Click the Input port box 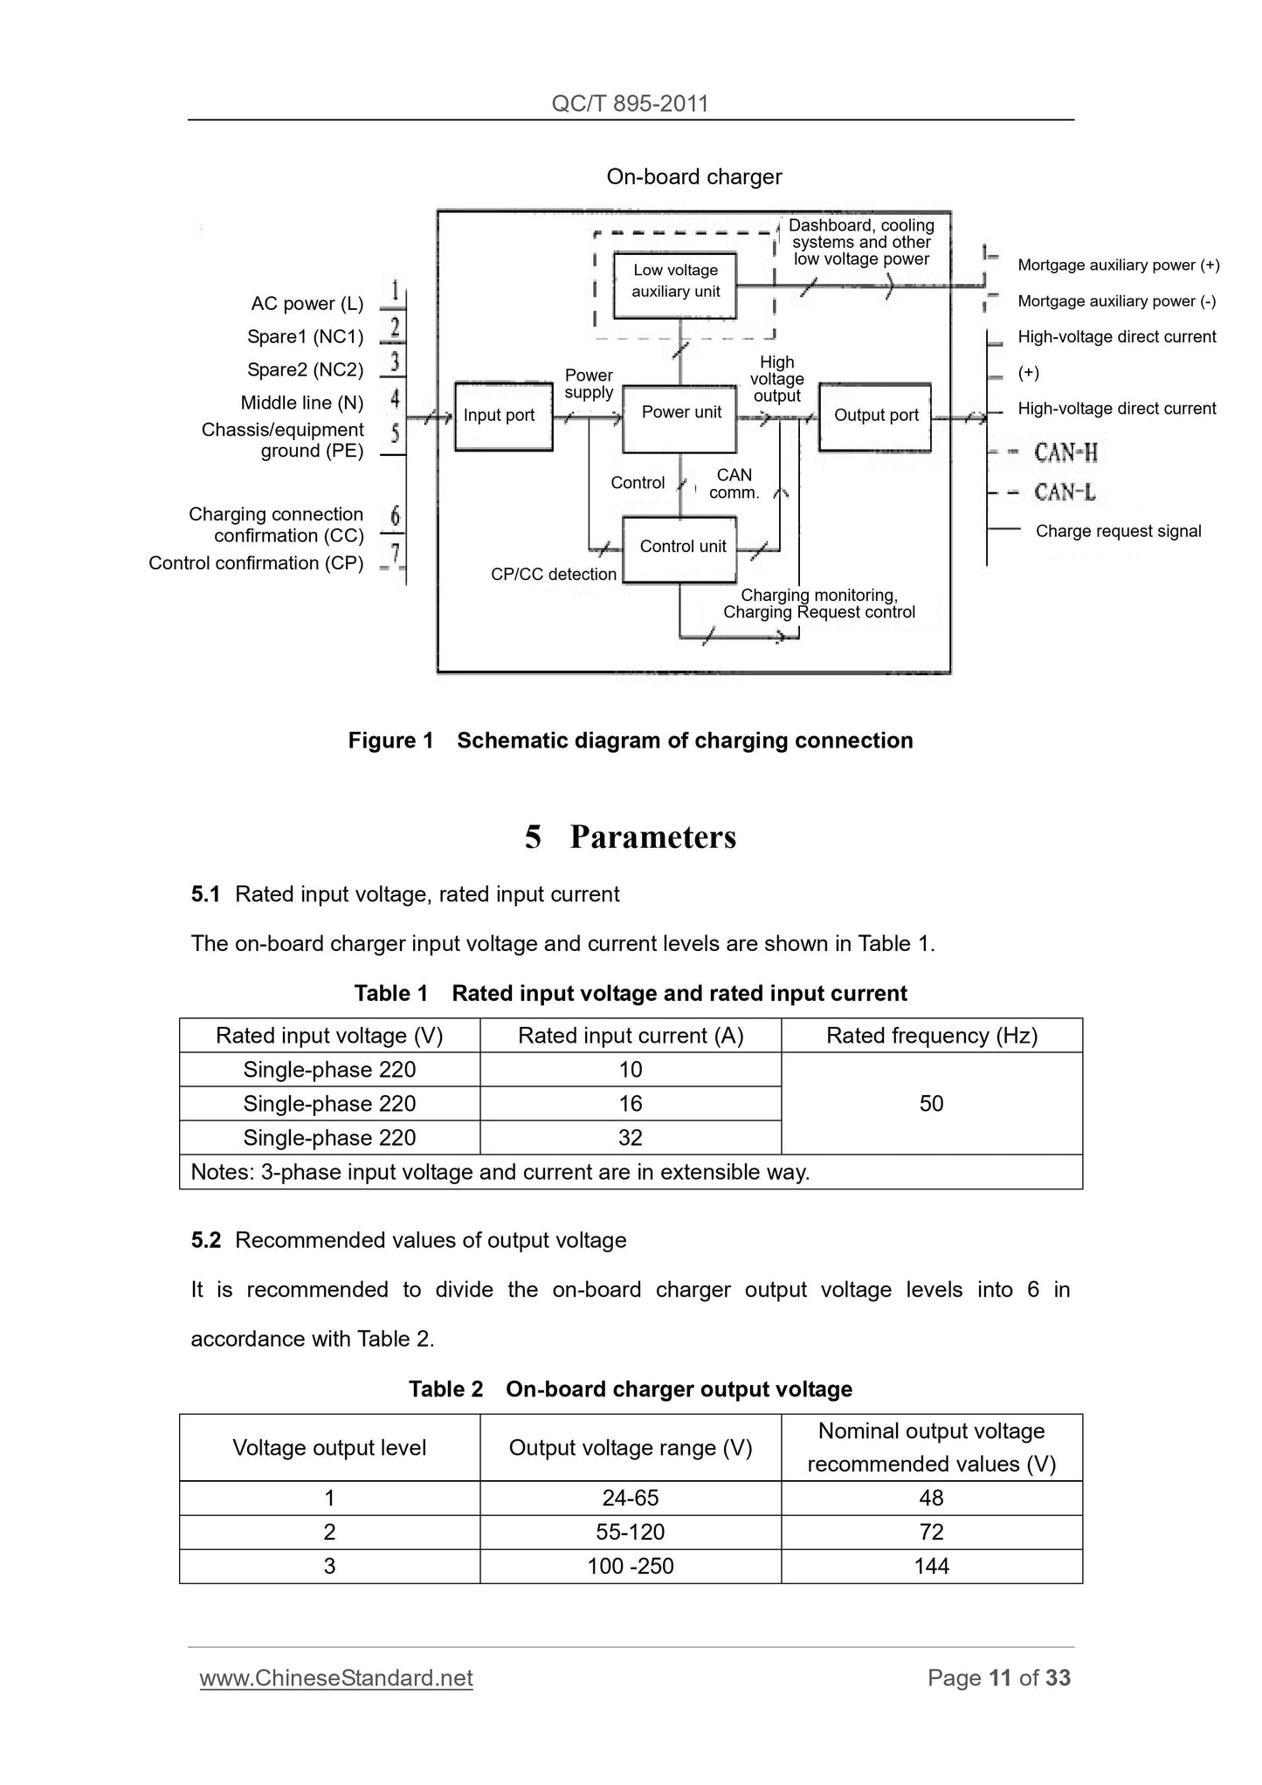(x=503, y=416)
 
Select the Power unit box (x=680, y=417)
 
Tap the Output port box (x=875, y=417)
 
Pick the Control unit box (x=680, y=548)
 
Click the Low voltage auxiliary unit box (x=675, y=282)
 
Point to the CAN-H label (x=1065, y=452)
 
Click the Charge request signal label (x=1118, y=531)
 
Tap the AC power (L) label (x=307, y=304)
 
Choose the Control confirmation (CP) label (x=256, y=563)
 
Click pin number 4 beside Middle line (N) (x=395, y=400)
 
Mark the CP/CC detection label (x=554, y=575)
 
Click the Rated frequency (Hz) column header (x=931, y=1036)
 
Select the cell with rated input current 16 (x=630, y=1104)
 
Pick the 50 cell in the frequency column (x=931, y=1104)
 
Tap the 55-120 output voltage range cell (x=630, y=1532)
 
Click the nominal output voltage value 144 (x=931, y=1566)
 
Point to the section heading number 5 (x=533, y=837)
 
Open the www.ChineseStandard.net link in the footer (x=336, y=1678)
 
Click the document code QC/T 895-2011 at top (x=630, y=104)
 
